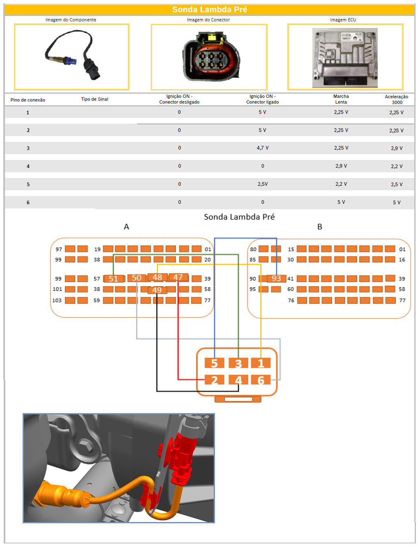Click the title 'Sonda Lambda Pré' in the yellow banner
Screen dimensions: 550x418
209,9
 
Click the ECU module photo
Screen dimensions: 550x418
345,58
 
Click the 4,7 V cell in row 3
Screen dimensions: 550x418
263,148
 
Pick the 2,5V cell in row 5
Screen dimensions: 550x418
263,184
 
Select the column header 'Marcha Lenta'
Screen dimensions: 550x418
341,99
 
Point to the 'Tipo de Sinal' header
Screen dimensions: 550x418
95,99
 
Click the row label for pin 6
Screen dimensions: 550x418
28,203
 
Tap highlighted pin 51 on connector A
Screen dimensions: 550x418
113,279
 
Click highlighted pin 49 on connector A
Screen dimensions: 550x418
157,290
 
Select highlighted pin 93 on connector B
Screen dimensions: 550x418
276,278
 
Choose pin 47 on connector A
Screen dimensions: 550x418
178,277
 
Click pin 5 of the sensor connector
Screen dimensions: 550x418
214,363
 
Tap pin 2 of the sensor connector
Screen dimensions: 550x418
214,380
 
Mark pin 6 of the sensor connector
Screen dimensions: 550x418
261,380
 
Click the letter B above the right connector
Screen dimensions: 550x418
320,227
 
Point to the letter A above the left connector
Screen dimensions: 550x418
127,227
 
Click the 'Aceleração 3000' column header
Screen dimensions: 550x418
397,99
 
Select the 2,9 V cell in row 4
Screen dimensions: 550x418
341,166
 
